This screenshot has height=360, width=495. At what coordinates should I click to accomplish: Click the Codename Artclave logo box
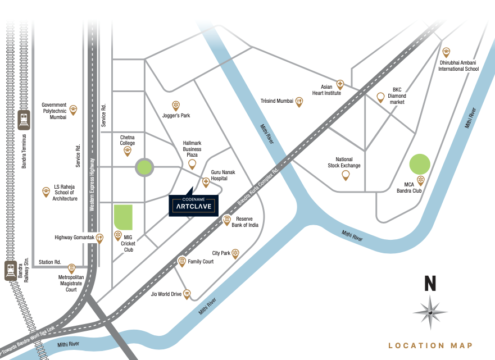[194, 206]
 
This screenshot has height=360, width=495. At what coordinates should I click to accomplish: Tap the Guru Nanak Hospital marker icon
[206, 181]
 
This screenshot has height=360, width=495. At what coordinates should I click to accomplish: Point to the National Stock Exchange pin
[346, 175]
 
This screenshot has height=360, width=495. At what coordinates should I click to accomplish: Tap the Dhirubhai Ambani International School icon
[447, 52]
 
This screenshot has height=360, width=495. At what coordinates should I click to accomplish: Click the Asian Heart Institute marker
[340, 85]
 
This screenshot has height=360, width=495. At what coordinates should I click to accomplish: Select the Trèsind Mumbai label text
[277, 101]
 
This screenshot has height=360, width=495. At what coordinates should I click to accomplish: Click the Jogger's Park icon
[175, 105]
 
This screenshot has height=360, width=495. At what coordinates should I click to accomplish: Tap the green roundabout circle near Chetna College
[144, 167]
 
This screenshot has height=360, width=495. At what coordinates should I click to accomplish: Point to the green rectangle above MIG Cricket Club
[123, 217]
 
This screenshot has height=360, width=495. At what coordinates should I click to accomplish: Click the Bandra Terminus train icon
[24, 120]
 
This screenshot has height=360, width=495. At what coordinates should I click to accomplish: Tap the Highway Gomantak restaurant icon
[100, 238]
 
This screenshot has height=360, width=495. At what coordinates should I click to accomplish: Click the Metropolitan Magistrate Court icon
[71, 268]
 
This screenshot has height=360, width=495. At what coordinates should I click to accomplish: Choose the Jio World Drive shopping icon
[187, 294]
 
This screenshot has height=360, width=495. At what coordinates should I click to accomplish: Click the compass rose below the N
[430, 312]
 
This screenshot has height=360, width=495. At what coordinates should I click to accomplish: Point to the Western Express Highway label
[92, 185]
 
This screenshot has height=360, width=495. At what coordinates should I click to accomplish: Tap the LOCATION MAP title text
[431, 346]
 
